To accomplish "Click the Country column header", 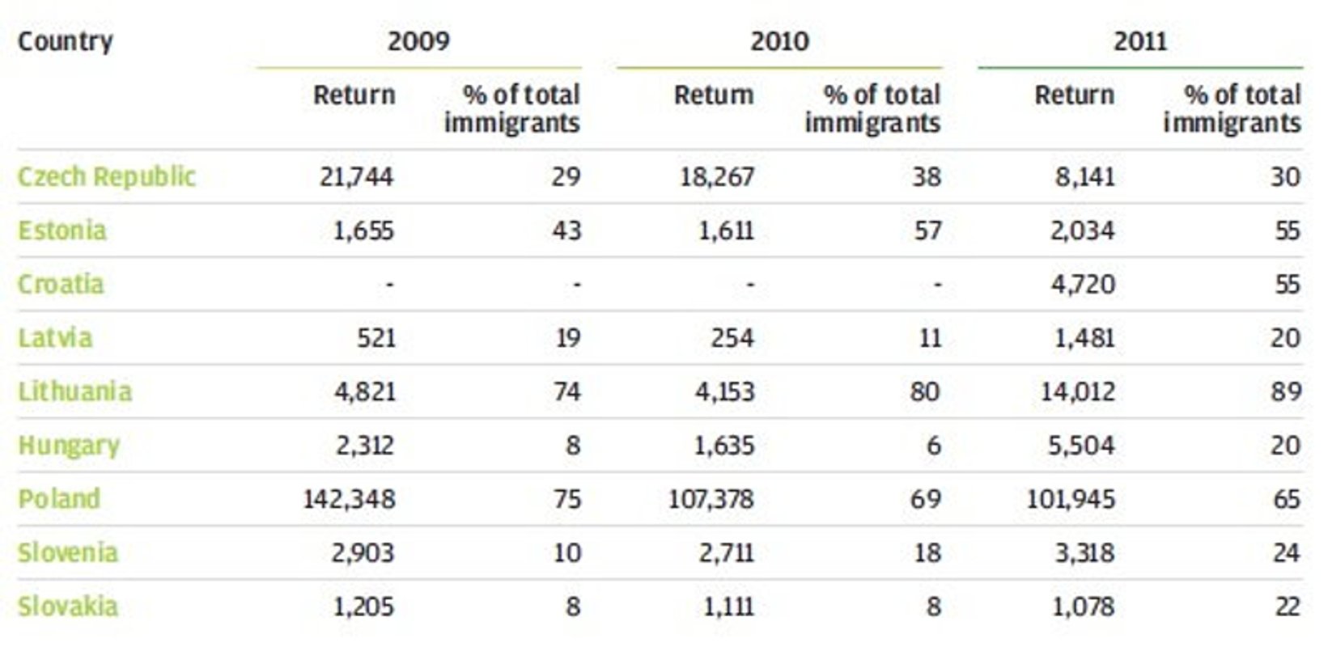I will [x=66, y=41].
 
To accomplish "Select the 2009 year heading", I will [x=418, y=41].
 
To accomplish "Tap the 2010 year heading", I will [x=779, y=41].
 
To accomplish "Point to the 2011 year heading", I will [x=1139, y=41].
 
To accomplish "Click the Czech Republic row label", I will [x=107, y=176].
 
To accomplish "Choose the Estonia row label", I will [x=62, y=230].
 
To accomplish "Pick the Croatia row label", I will [x=62, y=284].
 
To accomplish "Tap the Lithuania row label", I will [x=74, y=391].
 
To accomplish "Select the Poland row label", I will [x=59, y=499].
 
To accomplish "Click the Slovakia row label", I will [x=68, y=607].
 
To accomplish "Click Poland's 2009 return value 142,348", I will [x=350, y=499].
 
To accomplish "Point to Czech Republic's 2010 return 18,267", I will [x=717, y=176].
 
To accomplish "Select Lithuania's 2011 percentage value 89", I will [x=1285, y=391].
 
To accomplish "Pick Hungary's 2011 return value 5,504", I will [x=1081, y=446].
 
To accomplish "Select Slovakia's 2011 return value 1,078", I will [x=1083, y=607].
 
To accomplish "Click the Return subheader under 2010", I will [x=714, y=95].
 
